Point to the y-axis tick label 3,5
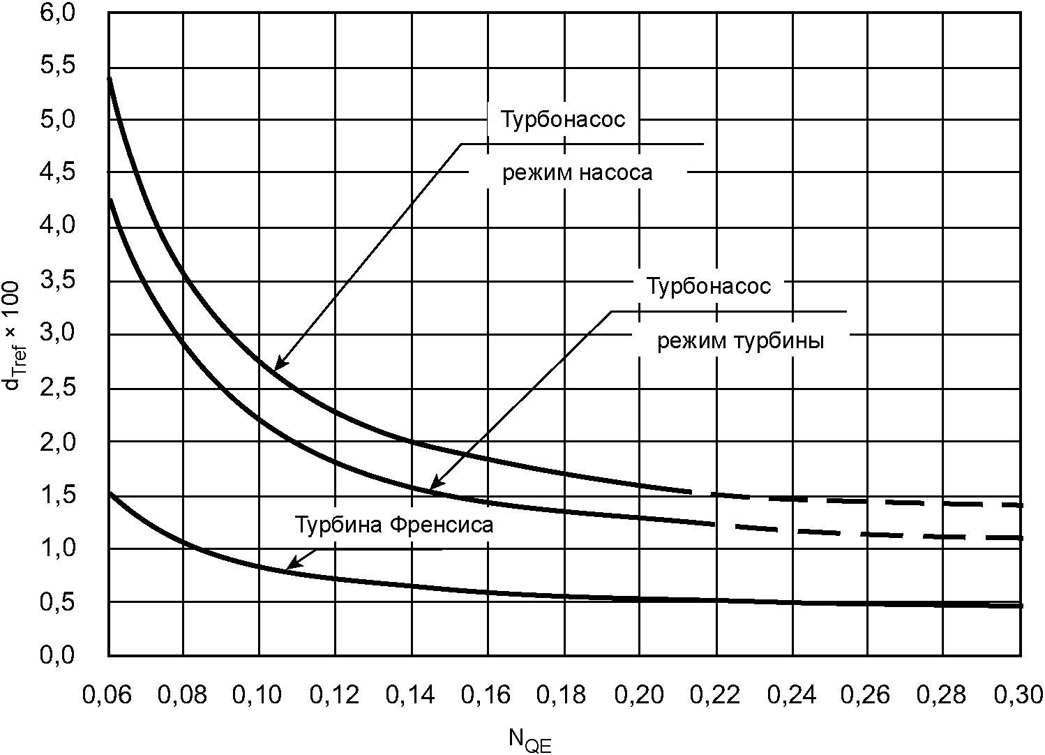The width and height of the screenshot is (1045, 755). click(x=57, y=281)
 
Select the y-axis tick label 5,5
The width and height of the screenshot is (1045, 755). click(x=57, y=66)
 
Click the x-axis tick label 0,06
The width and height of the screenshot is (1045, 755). click(x=107, y=695)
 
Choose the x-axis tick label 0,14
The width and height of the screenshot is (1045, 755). click(x=410, y=695)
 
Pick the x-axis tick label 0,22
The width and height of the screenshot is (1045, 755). click(x=715, y=695)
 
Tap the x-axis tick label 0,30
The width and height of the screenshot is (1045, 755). click(x=1018, y=695)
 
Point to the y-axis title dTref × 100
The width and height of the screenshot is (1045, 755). click(x=13, y=335)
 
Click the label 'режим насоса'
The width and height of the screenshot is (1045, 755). click(x=577, y=172)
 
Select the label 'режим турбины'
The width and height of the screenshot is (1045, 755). click(x=741, y=341)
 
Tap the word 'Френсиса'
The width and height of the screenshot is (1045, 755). click(x=442, y=525)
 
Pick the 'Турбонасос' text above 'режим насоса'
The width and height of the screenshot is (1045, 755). click(x=563, y=119)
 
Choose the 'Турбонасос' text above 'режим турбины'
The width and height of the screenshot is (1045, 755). click(x=709, y=286)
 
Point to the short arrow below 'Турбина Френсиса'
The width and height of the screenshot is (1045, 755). click(x=301, y=560)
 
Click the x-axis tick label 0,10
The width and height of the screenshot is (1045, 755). click(x=257, y=695)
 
